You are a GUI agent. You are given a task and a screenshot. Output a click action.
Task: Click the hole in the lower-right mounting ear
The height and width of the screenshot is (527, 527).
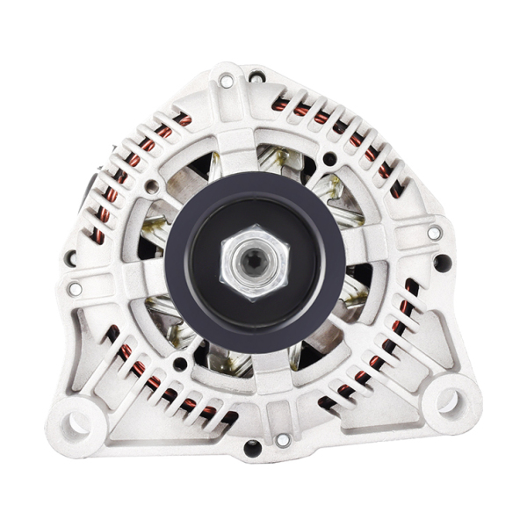447,401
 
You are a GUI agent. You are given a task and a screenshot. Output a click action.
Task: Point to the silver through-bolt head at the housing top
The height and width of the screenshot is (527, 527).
226,81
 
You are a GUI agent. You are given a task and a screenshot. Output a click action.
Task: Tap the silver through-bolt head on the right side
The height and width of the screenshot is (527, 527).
434,233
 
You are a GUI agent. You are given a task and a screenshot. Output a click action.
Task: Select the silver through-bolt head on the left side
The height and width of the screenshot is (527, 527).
75,288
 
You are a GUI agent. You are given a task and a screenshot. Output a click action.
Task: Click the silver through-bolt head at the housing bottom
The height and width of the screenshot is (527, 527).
283,440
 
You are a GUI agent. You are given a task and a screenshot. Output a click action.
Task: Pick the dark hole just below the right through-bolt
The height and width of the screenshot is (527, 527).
443,262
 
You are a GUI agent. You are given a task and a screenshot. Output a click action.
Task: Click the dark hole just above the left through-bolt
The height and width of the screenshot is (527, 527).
69,258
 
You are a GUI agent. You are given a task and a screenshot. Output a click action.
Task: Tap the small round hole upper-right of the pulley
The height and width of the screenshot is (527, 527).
329,159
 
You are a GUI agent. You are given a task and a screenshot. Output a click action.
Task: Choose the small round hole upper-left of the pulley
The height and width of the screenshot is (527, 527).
151,186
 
